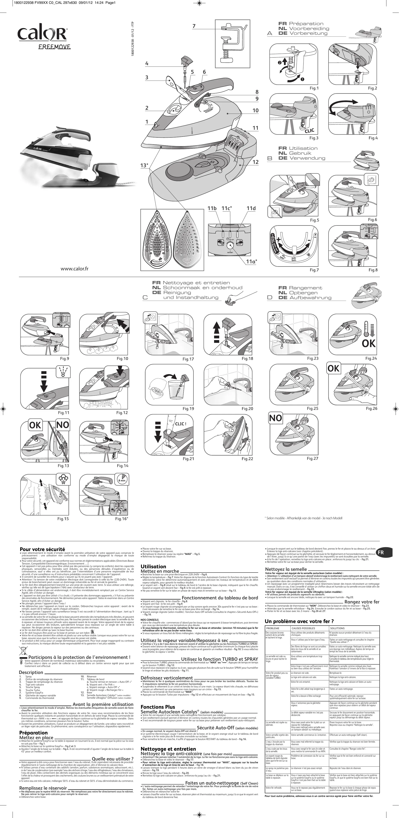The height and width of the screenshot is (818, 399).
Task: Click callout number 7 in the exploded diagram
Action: [x=194, y=26]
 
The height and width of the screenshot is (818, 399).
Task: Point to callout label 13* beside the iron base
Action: [x=144, y=165]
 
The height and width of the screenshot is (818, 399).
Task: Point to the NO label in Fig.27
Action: [x=275, y=418]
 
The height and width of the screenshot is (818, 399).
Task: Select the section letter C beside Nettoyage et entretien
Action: [x=145, y=298]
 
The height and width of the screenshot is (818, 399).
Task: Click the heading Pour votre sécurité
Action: [x=42, y=549]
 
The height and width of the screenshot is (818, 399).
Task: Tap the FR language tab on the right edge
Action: [x=381, y=552]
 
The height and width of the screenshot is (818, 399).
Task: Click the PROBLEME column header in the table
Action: [x=273, y=628]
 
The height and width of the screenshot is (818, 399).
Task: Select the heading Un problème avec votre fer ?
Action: [x=299, y=622]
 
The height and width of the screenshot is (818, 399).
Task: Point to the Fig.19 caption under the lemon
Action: [x=188, y=409]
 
